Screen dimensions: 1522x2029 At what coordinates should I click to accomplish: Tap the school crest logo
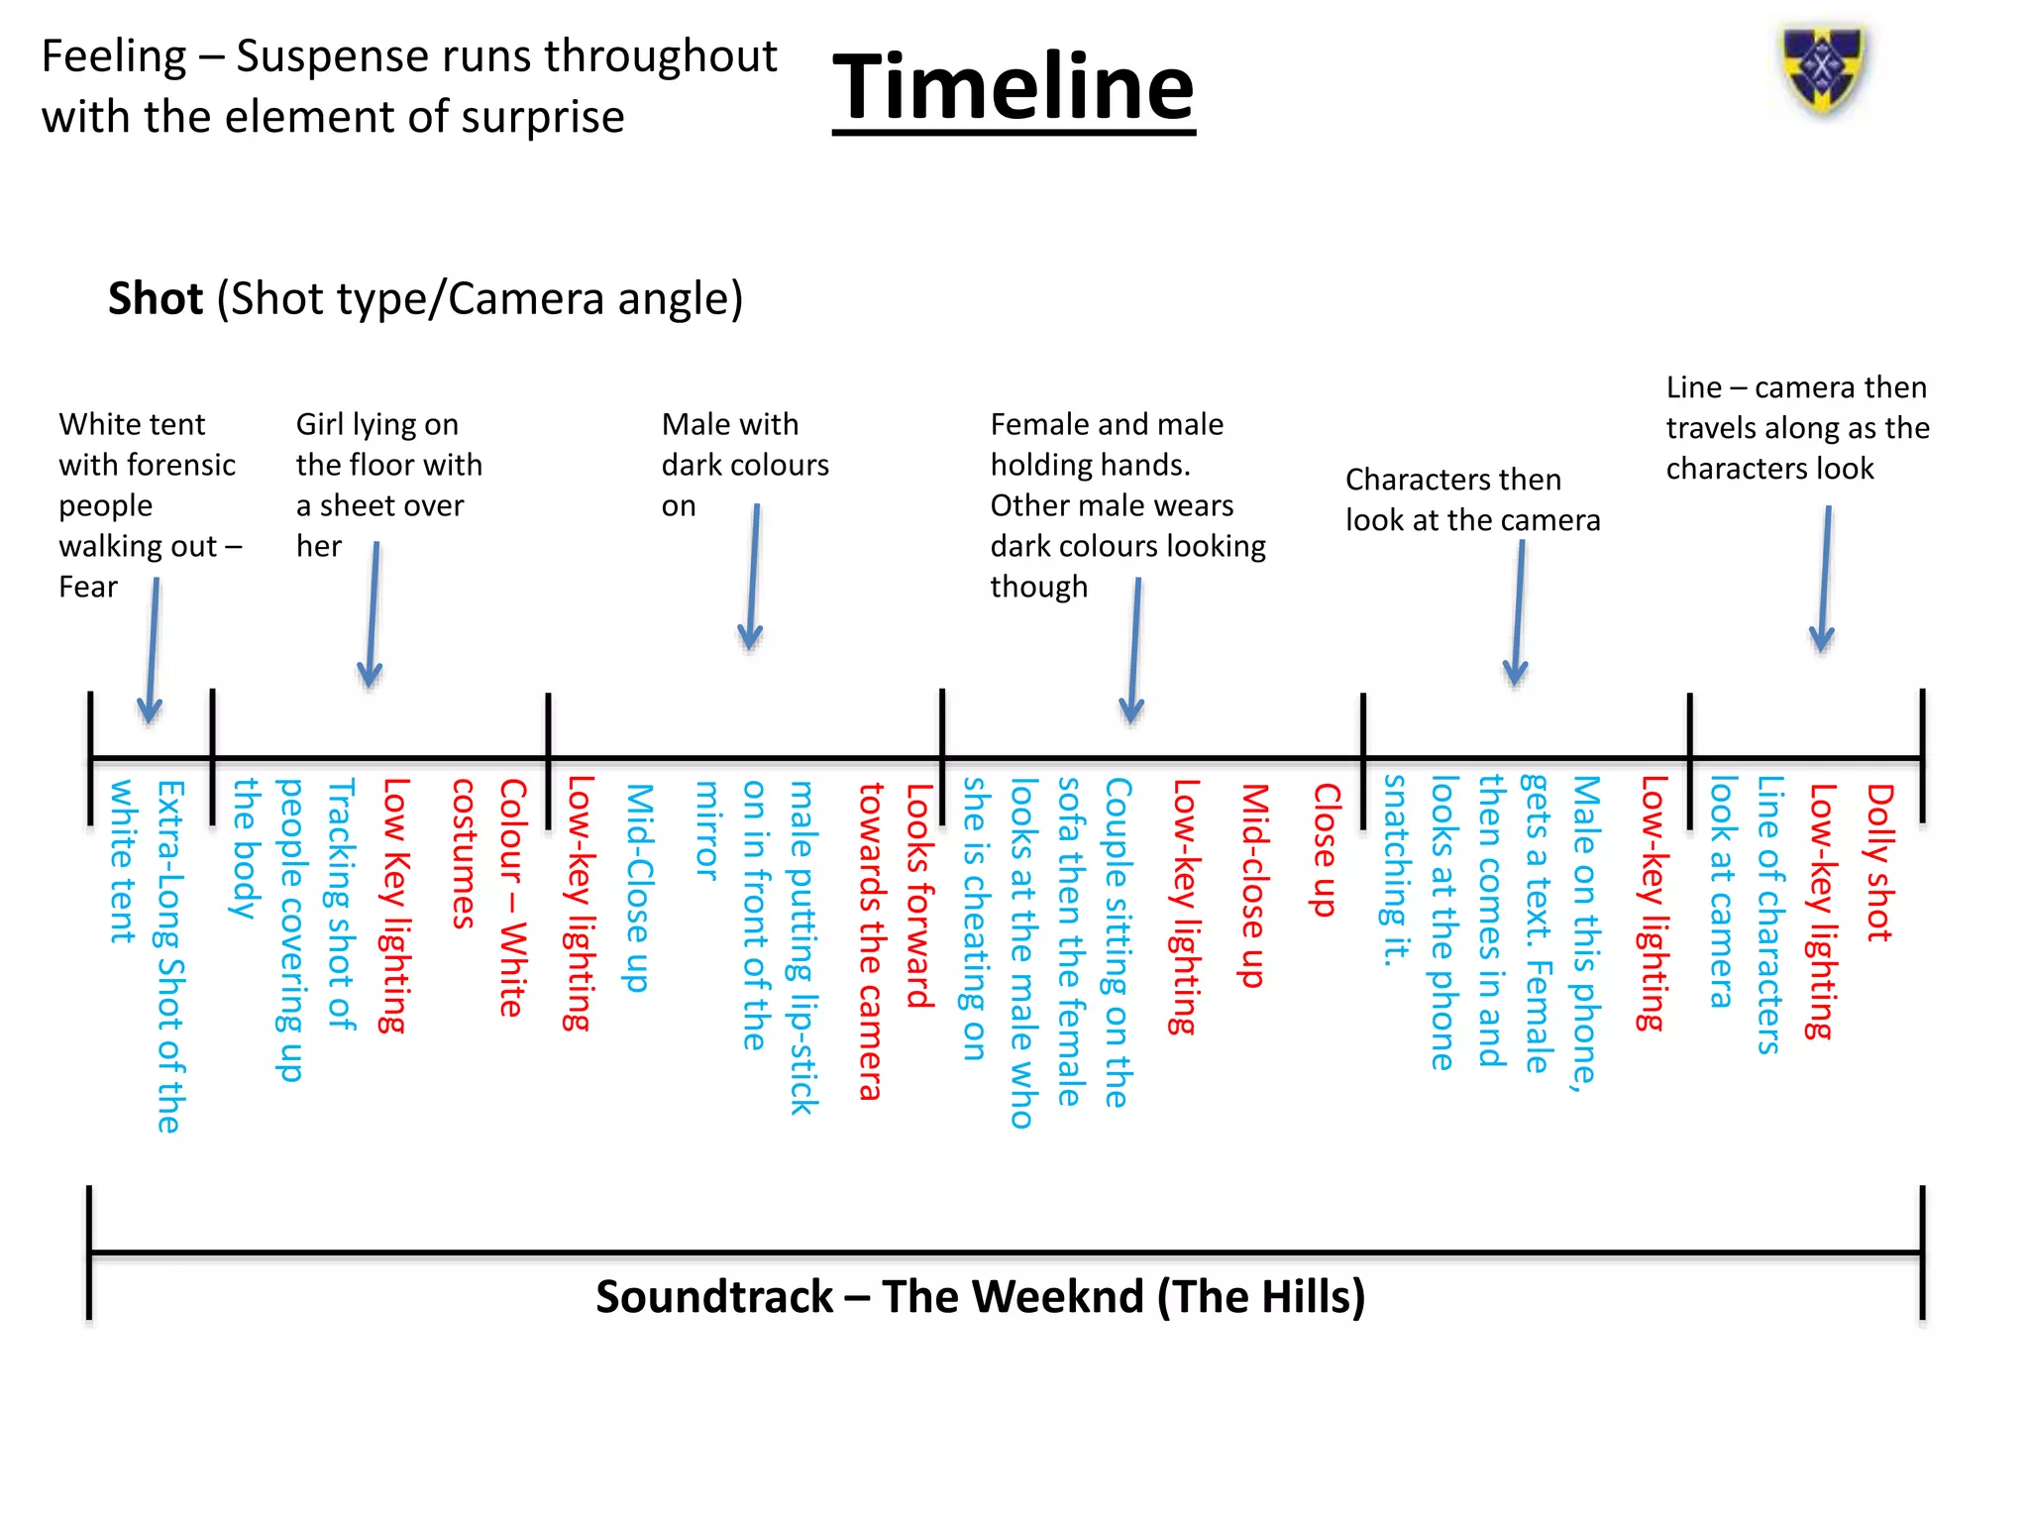pos(1823,69)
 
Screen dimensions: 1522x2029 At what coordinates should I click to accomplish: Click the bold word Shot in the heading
pos(156,298)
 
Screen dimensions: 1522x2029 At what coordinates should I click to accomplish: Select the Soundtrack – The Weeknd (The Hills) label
pos(980,1296)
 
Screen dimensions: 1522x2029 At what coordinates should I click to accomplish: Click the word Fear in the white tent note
pos(88,587)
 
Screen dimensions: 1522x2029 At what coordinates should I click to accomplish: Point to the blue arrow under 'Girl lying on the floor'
pos(373,614)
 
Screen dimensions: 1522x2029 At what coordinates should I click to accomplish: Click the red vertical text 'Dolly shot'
pos(1879,862)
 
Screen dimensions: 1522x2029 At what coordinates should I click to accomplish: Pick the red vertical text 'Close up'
pos(1326,850)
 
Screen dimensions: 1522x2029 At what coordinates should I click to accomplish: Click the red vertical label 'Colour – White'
pos(512,897)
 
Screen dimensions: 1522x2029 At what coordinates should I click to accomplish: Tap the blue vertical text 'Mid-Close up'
pos(640,887)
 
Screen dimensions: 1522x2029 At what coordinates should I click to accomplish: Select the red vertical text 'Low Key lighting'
pos(395,905)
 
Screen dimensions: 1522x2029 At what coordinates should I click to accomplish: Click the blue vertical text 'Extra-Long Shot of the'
pos(170,956)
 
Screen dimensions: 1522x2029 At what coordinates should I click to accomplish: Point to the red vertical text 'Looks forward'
pos(919,896)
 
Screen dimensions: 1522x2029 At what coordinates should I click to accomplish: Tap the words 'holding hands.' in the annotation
pos(1090,465)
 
